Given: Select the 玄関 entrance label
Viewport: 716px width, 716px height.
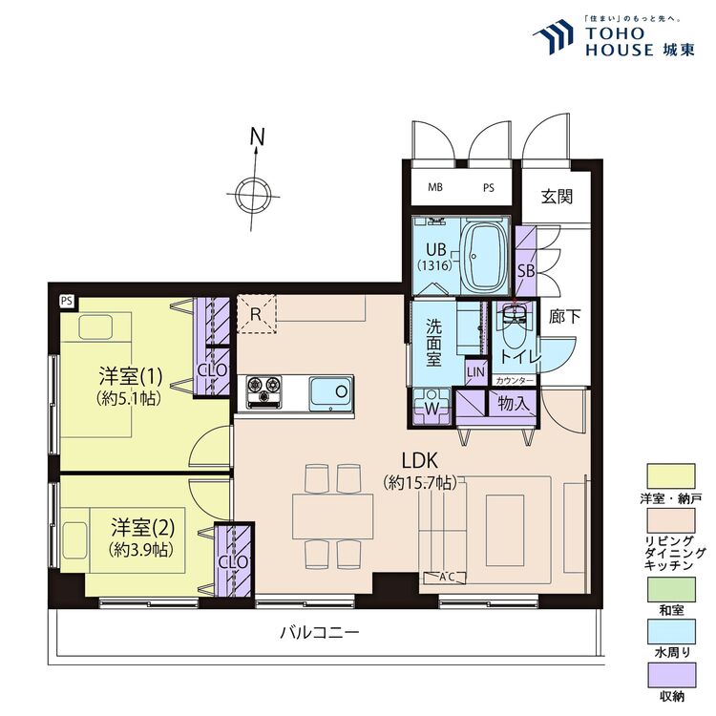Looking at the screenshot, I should (x=557, y=198).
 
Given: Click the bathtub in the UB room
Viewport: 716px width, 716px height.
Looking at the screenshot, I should (x=484, y=255).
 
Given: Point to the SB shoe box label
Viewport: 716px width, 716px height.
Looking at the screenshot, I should (x=526, y=270).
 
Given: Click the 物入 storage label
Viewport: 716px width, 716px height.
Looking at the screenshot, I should (x=513, y=403).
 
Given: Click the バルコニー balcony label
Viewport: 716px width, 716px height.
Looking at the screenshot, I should (x=320, y=633).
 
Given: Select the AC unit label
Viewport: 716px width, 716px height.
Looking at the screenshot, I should (x=446, y=576).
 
